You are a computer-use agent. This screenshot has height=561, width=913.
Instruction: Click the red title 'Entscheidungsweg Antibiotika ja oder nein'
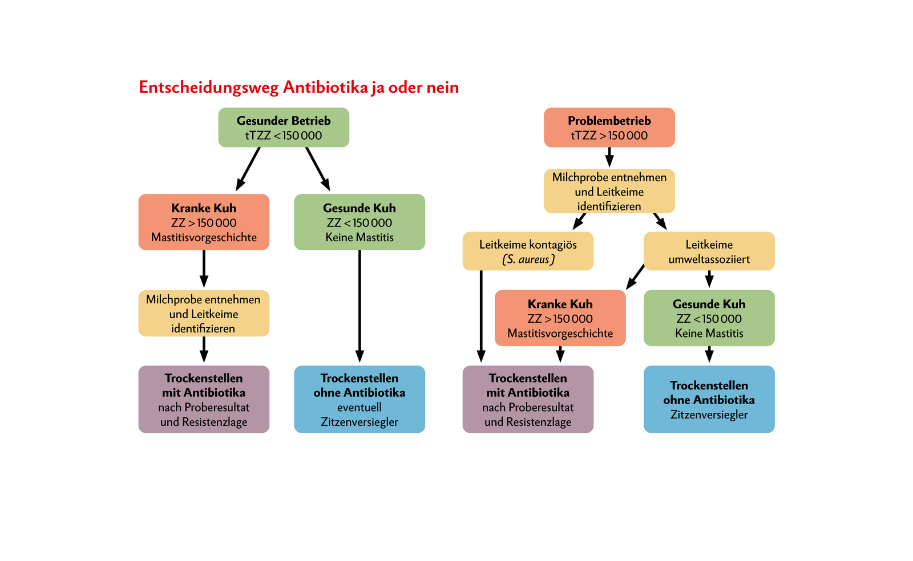pos(298,88)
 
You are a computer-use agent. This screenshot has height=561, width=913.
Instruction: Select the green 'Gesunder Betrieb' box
pos(284,128)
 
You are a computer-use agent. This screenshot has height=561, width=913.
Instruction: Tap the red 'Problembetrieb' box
pos(609,128)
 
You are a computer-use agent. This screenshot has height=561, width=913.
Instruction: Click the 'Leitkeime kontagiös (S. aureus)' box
pos(528,251)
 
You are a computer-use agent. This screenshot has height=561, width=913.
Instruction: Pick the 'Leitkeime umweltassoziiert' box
pos(709,251)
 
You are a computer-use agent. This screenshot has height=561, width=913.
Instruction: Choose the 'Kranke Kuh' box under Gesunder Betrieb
pos(204,222)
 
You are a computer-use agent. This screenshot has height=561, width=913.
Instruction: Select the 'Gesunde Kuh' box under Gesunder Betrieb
pos(359,222)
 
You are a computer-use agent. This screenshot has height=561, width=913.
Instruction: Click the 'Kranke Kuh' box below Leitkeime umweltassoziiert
pos(560,318)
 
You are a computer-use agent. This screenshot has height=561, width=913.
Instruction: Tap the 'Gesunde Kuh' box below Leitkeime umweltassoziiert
pos(709,318)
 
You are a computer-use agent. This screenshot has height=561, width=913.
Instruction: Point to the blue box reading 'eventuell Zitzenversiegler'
pos(359,400)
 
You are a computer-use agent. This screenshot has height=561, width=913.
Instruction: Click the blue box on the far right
pos(709,400)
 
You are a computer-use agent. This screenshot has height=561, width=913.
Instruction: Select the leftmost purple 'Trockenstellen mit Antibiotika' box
pos(204,400)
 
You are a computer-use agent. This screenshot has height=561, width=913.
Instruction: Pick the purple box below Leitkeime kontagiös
pos(528,400)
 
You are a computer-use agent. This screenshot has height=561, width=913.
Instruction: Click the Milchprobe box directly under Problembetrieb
pos(609,192)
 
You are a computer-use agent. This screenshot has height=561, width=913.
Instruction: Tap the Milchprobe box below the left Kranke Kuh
pos(204,314)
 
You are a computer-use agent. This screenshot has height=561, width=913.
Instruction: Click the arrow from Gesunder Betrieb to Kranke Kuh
pos(248,169)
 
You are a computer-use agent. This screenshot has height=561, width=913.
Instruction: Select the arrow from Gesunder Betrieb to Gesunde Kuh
pos(318,169)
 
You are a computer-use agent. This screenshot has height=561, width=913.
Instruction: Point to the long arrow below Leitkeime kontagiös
pos(481,316)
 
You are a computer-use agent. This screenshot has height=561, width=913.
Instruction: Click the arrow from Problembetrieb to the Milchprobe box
pos(609,157)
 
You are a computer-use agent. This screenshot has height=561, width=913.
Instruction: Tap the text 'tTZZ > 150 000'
pos(609,136)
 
